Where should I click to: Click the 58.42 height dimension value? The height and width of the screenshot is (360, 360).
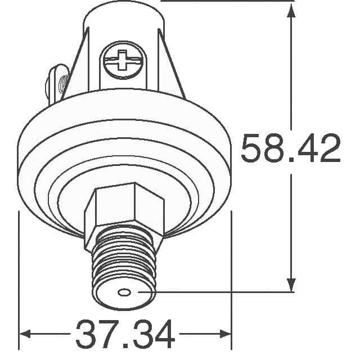[x=290, y=149]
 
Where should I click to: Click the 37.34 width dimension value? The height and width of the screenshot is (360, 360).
[x=125, y=335]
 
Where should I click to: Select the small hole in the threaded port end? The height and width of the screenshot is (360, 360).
[x=124, y=292]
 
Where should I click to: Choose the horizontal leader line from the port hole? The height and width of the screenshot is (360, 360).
[x=214, y=292]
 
